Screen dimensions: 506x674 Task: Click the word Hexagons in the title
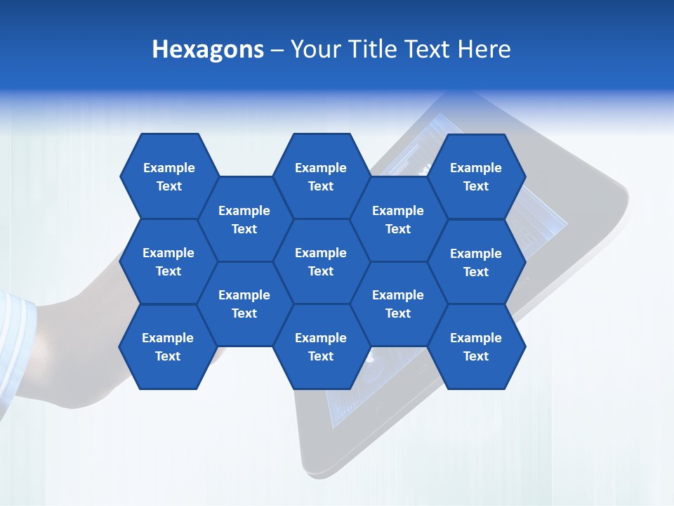click(x=208, y=49)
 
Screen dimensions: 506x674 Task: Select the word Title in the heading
click(x=375, y=49)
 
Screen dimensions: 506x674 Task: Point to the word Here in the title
click(x=484, y=49)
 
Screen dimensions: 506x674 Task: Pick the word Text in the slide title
click(x=429, y=49)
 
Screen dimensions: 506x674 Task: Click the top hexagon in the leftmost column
click(x=168, y=176)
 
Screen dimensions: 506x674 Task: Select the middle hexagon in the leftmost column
click(x=168, y=261)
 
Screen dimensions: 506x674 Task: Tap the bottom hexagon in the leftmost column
click(x=168, y=346)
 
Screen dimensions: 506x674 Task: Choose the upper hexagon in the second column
click(x=244, y=219)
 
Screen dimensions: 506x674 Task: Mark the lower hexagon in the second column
click(x=244, y=304)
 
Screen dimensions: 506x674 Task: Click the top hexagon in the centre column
click(x=321, y=176)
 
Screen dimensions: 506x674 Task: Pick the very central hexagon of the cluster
click(x=321, y=261)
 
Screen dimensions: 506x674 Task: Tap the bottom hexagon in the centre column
click(x=321, y=346)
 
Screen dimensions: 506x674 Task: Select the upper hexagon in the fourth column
click(x=398, y=219)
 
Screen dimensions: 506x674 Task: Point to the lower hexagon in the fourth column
click(x=398, y=304)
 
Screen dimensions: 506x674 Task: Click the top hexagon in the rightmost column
click(x=476, y=176)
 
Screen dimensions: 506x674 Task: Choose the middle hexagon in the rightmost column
click(x=476, y=262)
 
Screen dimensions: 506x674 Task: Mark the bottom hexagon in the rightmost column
click(x=476, y=346)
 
